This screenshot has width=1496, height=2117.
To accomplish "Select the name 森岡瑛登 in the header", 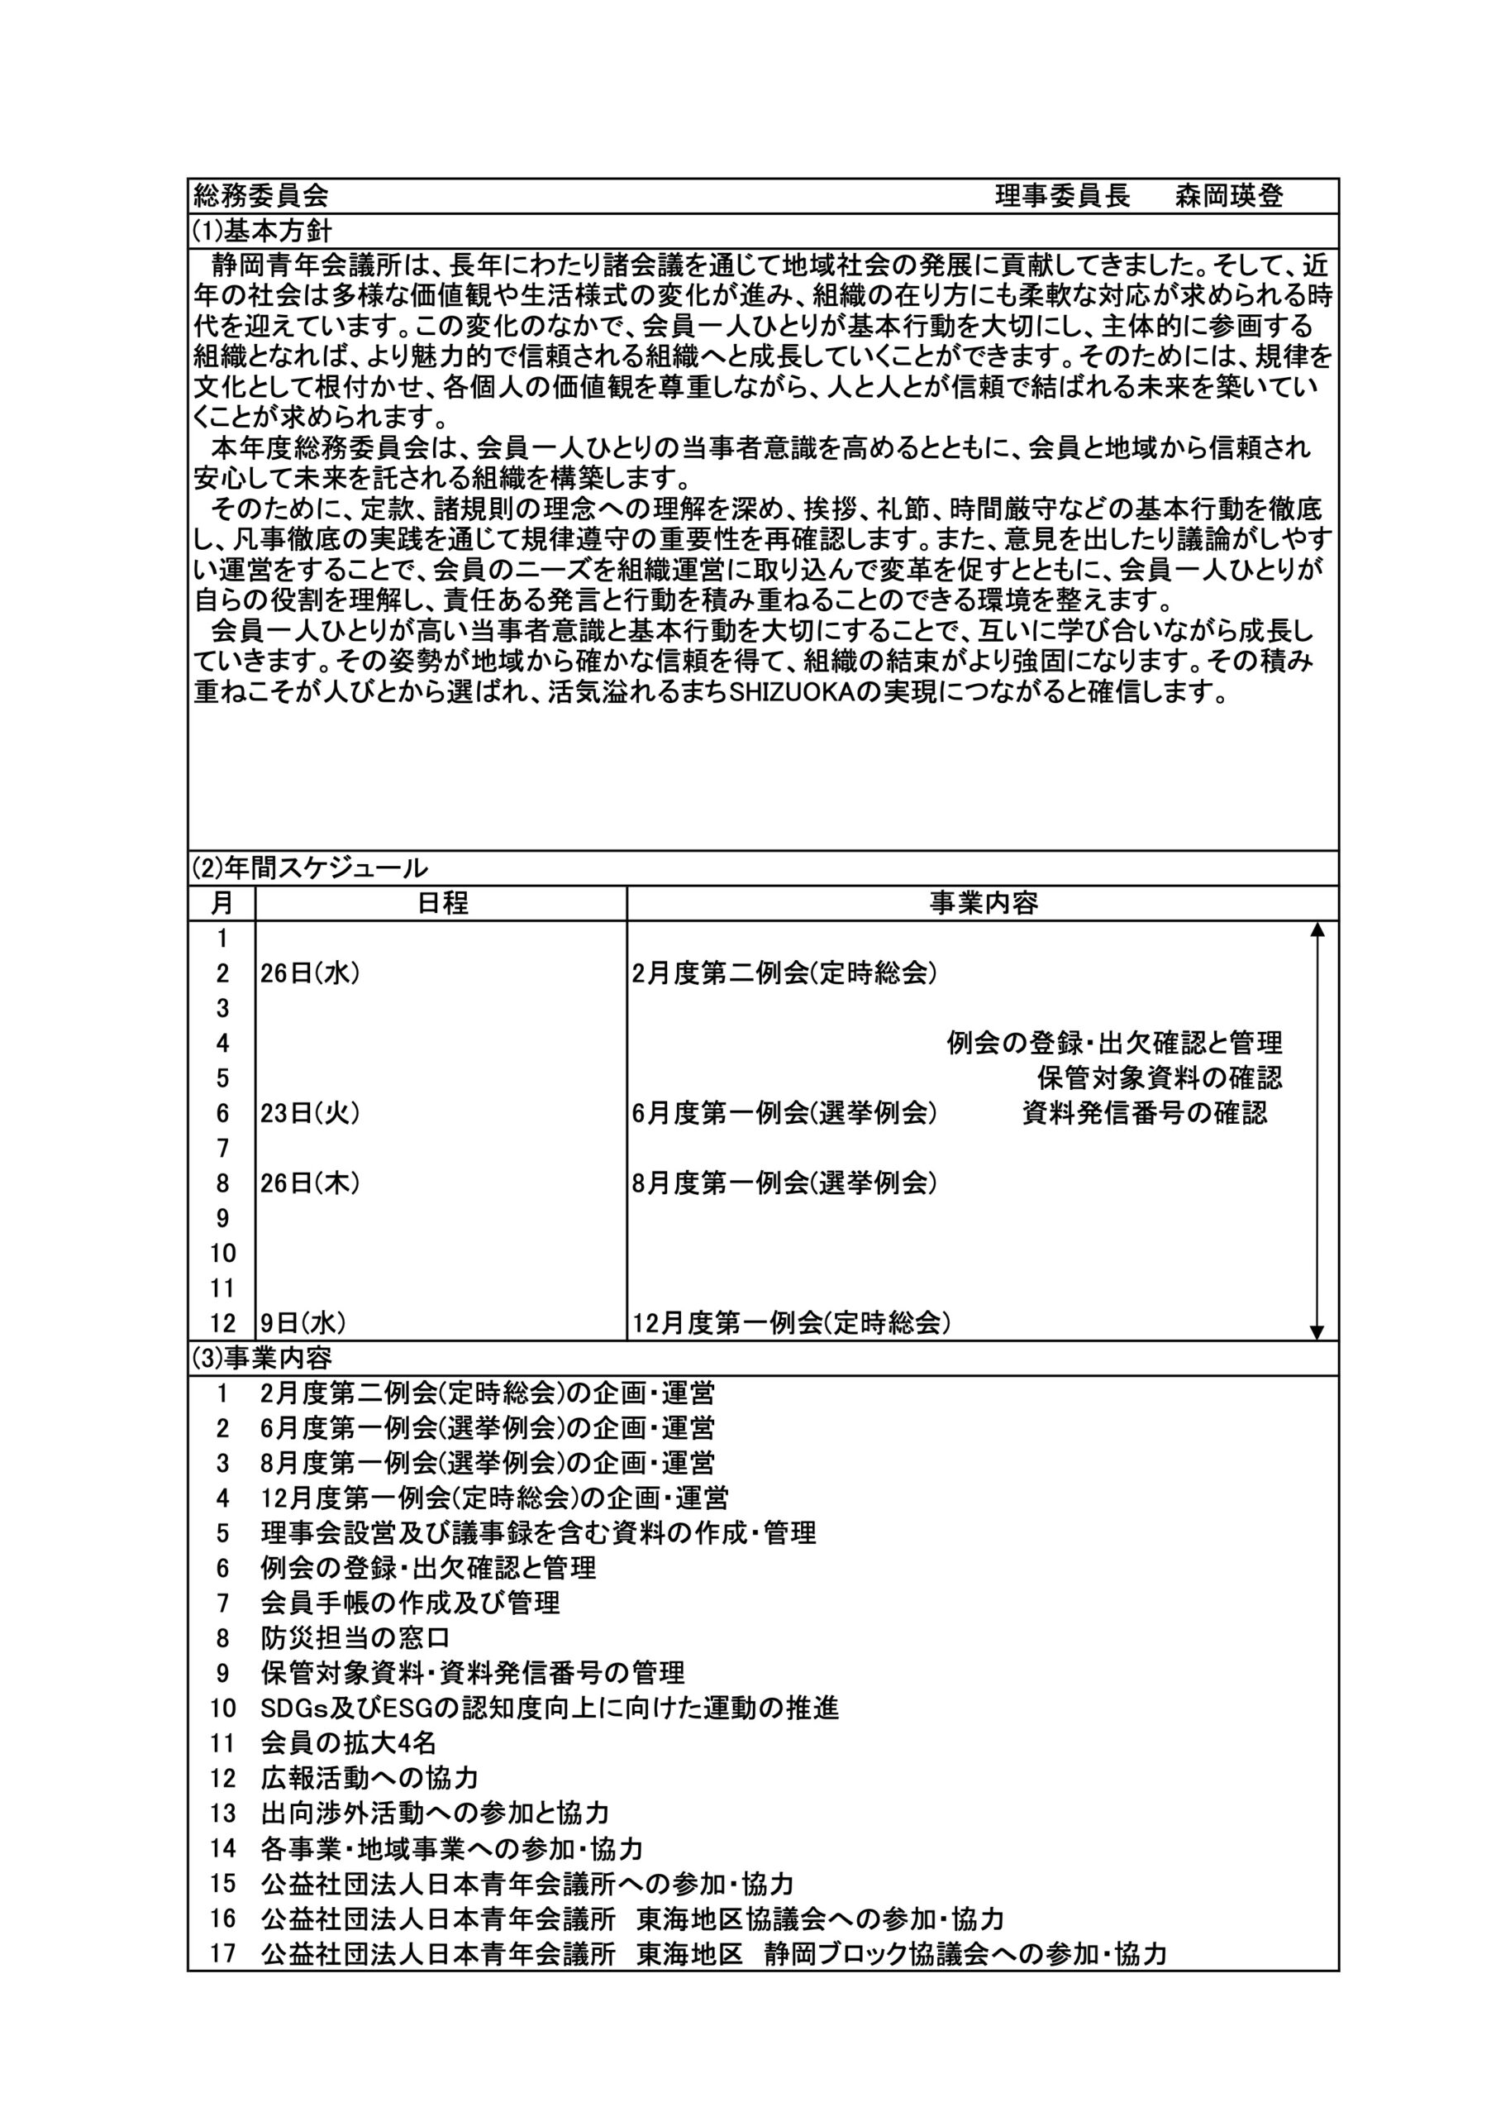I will click(x=1229, y=195).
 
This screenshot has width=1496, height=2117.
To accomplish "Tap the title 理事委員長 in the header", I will click(x=1062, y=195).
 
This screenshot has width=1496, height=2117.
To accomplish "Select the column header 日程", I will click(x=442, y=903).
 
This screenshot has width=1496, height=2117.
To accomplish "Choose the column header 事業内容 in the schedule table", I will click(x=984, y=903).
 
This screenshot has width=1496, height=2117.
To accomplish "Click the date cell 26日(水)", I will click(x=310, y=972).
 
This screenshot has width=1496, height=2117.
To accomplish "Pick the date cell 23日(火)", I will click(x=310, y=1113).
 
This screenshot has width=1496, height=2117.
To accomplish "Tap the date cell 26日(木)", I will click(x=310, y=1183).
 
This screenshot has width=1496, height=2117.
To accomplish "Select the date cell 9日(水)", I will click(x=303, y=1323).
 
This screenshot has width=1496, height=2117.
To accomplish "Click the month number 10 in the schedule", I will click(x=222, y=1253).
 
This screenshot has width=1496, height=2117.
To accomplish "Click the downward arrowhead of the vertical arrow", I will click(x=1317, y=1332).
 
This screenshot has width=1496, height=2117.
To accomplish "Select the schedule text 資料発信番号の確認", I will click(x=1145, y=1113).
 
